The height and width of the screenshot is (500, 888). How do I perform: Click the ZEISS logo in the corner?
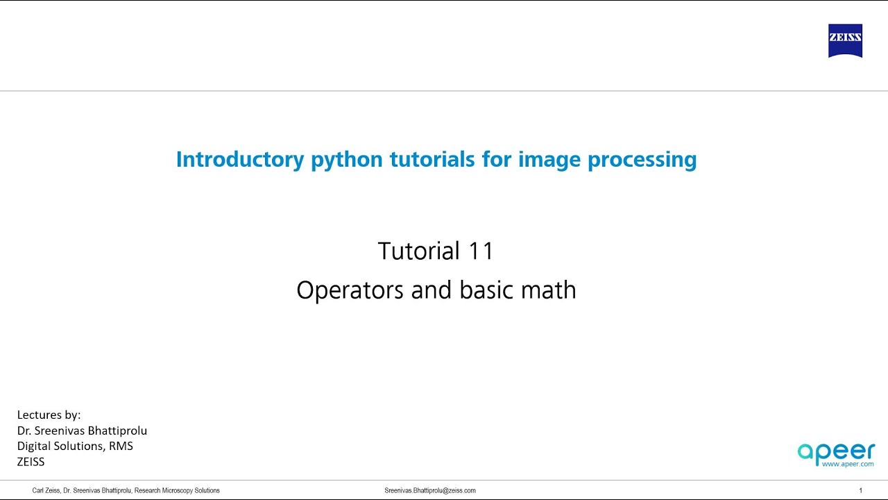click(x=845, y=40)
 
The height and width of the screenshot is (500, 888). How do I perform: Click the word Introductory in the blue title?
click(x=239, y=159)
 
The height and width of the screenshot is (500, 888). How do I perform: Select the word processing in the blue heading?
click(x=642, y=159)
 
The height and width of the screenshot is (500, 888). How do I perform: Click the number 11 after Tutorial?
click(x=480, y=251)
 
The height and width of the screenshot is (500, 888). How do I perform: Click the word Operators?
click(x=350, y=290)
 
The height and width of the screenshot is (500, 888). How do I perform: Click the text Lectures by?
click(x=49, y=415)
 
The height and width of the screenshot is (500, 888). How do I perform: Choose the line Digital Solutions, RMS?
click(x=75, y=446)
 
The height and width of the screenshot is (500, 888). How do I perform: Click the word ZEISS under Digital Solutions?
click(x=31, y=461)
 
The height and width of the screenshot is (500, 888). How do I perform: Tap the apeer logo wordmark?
click(x=836, y=451)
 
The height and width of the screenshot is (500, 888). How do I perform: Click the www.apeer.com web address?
click(x=847, y=463)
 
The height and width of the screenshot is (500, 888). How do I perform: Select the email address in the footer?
click(x=430, y=490)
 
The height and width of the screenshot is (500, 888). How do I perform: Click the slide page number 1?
click(x=860, y=490)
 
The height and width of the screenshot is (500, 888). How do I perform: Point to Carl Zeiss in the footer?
click(x=46, y=490)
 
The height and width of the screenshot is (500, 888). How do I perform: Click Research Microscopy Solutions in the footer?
click(x=177, y=490)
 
